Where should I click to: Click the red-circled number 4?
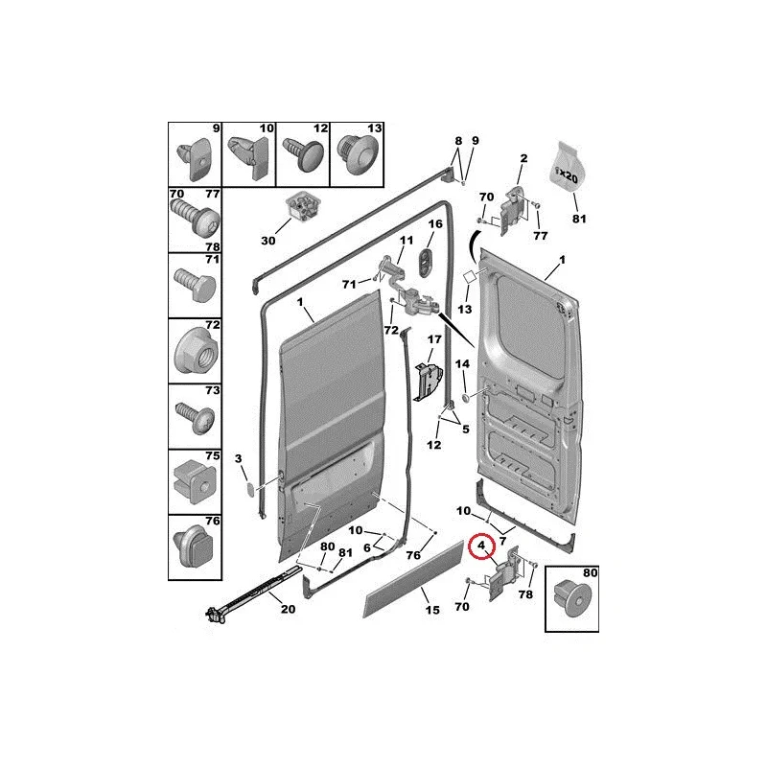[481, 545]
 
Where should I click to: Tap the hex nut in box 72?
[195, 354]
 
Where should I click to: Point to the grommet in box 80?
[571, 601]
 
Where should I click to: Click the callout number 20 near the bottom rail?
[289, 609]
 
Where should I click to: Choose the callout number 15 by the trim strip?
[432, 610]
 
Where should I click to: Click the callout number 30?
[268, 241]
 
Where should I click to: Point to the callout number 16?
[435, 223]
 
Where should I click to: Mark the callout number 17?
[434, 338]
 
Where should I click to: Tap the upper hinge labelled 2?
[514, 210]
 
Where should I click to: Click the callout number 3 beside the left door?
[238, 458]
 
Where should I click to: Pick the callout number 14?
[462, 363]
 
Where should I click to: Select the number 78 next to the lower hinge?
[525, 593]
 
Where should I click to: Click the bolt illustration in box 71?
[196, 285]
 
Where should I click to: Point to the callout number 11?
[406, 241]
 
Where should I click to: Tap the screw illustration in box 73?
[195, 417]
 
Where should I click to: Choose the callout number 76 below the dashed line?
[413, 555]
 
